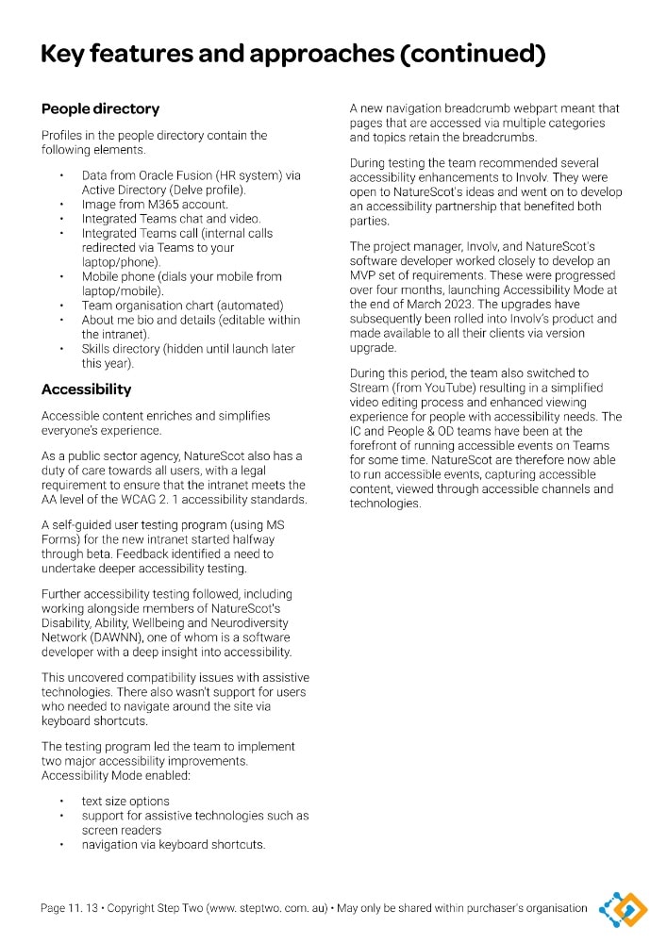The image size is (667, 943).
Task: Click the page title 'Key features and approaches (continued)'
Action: point(292,55)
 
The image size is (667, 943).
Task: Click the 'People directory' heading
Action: point(100,108)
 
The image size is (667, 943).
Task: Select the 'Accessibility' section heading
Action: point(86,389)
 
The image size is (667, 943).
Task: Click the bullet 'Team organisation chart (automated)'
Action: point(182,306)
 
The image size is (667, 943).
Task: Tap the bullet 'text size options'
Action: point(125,802)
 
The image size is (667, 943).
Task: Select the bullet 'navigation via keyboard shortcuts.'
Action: point(174,845)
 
